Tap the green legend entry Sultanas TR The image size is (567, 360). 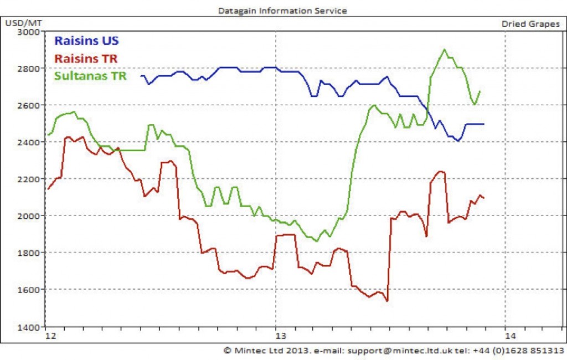click(x=90, y=76)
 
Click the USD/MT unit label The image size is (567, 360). click(x=21, y=24)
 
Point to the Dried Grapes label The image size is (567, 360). click(x=530, y=24)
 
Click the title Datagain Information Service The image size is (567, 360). click(x=283, y=11)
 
